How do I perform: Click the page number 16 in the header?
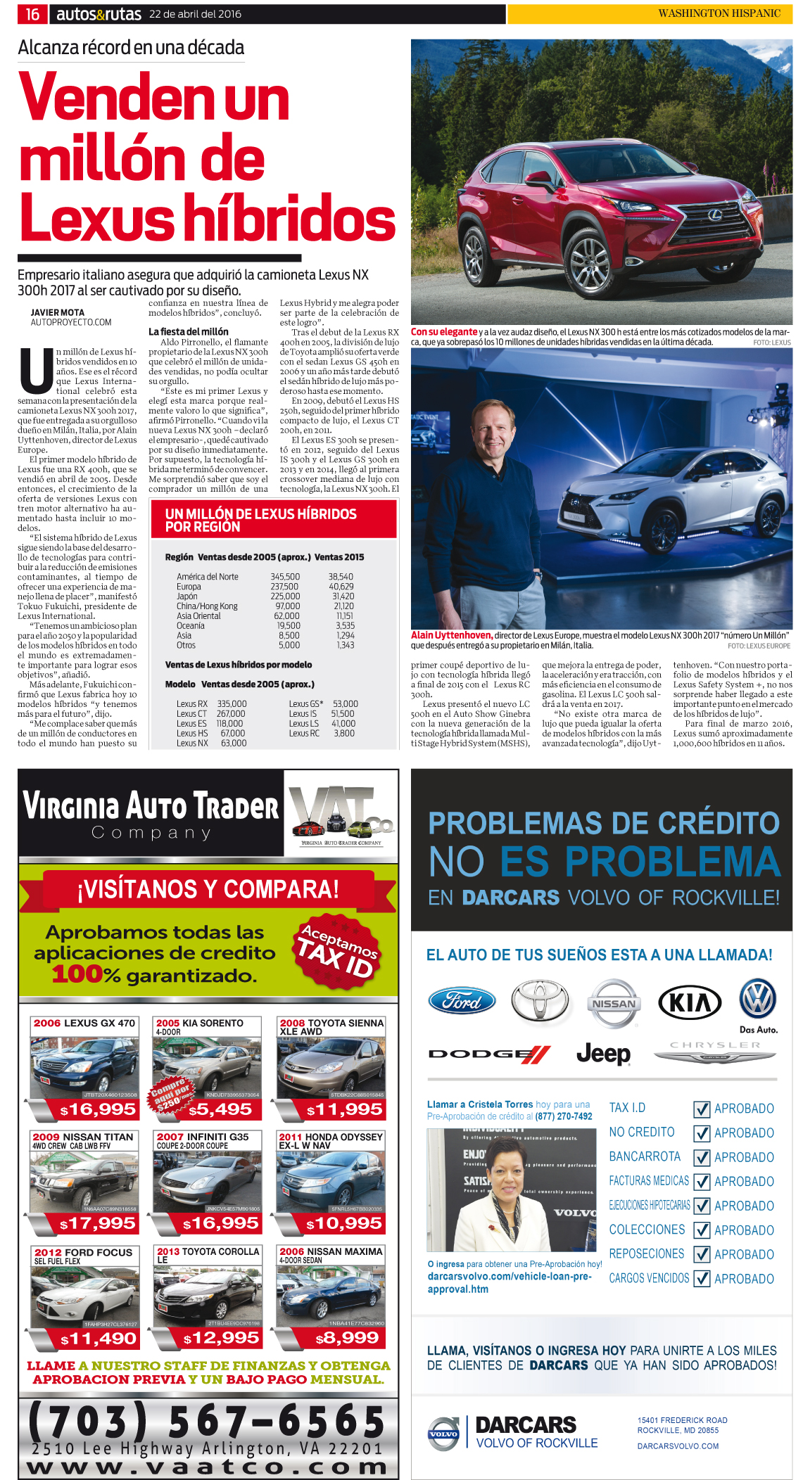[32, 14]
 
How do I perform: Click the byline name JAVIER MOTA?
[58, 312]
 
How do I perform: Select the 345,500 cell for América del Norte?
[285, 577]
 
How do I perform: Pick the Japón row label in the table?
[187, 597]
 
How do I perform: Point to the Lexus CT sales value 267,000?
[231, 713]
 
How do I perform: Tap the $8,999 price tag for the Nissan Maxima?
[347, 1338]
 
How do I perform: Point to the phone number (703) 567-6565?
[207, 1420]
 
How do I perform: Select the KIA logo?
[690, 1002]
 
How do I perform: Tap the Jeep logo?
[603, 1053]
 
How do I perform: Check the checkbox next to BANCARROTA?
[702, 1157]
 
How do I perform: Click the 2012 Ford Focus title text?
[83, 1253]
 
